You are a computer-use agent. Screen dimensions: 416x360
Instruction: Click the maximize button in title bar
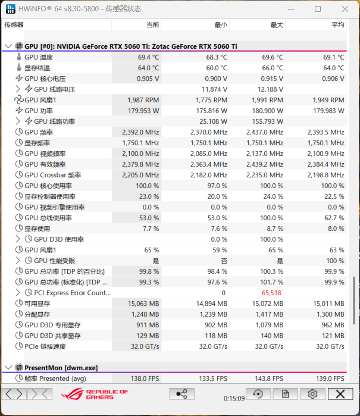coord(318,9)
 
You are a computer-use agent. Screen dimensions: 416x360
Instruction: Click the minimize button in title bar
coord(291,9)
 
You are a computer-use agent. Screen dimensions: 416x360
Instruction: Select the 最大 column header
coord(277,25)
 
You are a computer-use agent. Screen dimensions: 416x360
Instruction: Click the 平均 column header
coord(337,25)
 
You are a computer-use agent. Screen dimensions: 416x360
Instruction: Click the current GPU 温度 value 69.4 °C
coord(148,57)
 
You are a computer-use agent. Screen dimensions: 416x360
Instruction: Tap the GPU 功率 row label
coord(39,111)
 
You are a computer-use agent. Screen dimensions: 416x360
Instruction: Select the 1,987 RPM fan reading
coord(143,100)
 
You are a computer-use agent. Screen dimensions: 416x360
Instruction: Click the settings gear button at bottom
coord(312,394)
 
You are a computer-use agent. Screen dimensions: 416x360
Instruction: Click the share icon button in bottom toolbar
coord(182,394)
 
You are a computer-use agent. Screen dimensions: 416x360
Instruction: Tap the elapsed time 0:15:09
coord(234,398)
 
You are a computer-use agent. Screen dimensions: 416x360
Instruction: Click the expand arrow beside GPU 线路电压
coord(18,89)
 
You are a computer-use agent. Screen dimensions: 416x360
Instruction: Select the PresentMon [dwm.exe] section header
coord(61,367)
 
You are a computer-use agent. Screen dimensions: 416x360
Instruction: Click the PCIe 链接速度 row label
coord(45,346)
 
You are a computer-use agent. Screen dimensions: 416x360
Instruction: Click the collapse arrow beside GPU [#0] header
coord(8,46)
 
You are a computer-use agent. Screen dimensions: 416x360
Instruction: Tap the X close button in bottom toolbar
coord(340,394)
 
